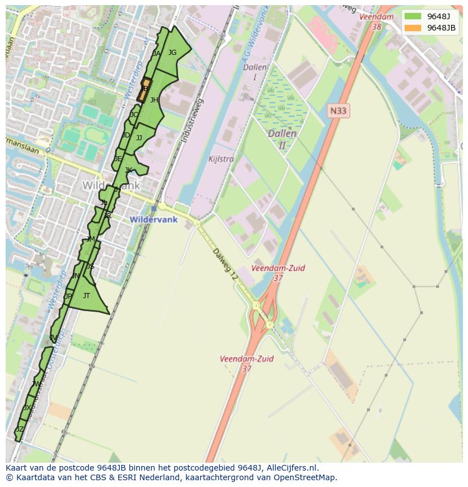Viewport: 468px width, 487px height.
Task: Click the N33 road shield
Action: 338,111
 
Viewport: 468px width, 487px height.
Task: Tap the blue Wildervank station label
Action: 154,219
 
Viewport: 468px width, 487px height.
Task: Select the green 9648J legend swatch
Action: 413,16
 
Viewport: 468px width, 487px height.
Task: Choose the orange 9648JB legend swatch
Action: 413,28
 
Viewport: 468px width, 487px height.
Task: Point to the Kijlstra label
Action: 220,160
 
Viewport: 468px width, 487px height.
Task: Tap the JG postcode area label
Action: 172,53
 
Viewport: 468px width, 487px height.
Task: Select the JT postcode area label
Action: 86,296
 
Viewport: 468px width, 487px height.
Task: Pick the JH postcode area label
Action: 154,100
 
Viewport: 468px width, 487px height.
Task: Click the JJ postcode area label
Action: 139,138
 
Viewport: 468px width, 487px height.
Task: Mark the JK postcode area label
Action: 128,170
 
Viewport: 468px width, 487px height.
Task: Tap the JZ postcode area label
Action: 20,429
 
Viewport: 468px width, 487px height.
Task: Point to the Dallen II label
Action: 282,139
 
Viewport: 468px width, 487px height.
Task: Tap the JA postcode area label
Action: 157,54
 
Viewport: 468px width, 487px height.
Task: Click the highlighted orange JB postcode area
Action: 144,89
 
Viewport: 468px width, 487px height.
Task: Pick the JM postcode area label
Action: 90,240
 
